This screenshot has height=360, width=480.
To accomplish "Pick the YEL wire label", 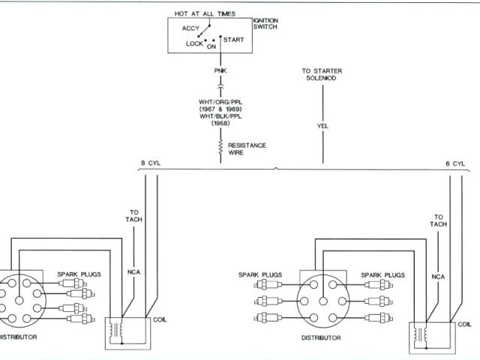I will pos(323,126).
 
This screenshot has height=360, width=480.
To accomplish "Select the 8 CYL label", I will pos(150,163).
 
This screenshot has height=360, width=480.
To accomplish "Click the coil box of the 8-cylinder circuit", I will pos(130,330).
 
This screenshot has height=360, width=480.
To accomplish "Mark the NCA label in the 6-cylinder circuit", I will pos(439,277).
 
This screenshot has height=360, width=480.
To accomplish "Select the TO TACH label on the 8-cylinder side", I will pos(134,215).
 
